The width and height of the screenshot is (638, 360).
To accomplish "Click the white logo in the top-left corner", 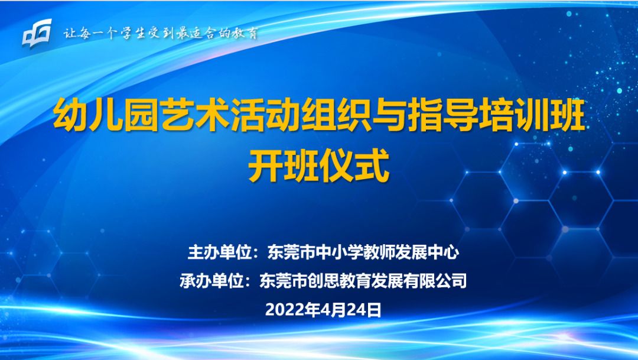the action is pos(37,33).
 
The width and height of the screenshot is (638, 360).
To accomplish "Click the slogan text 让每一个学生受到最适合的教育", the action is pos(161,33).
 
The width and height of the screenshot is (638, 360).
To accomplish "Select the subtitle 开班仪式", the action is pos(319,166).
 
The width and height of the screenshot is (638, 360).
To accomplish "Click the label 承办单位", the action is pos(211,281).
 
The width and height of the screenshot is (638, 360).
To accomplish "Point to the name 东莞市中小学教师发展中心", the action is pos(363,252).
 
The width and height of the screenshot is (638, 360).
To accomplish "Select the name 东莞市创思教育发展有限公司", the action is pos(363,281).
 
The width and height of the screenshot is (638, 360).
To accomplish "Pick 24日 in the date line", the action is pos(364,310).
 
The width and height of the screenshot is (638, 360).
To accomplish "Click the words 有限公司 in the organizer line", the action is pos(435,281).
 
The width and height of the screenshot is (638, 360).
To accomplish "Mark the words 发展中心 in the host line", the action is pos(428,252).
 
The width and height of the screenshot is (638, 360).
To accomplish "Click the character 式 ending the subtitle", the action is pos(373,166).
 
